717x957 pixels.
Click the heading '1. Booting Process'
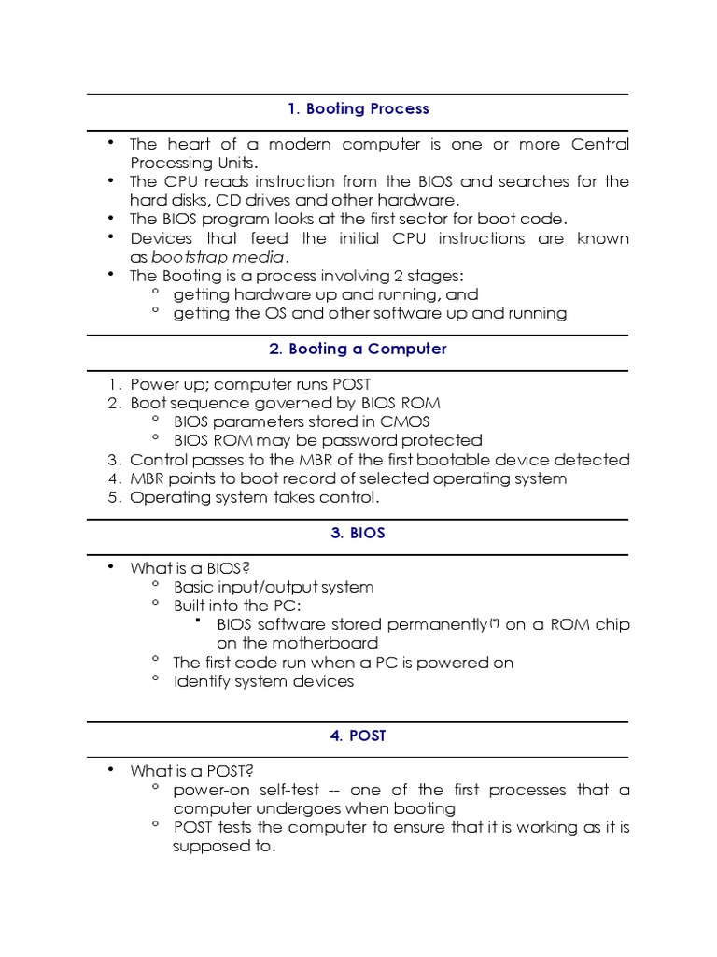[x=358, y=109]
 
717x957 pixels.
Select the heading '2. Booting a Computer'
[x=358, y=349]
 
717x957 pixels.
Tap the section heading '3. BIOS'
[x=358, y=533]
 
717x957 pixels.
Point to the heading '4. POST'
[x=358, y=736]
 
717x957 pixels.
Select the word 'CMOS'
[x=405, y=421]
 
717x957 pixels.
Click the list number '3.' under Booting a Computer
[x=115, y=460]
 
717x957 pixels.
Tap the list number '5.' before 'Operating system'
[x=115, y=497]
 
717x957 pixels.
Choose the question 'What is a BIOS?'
[x=190, y=568]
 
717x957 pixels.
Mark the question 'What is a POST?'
[x=191, y=771]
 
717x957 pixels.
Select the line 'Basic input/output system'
[x=274, y=587]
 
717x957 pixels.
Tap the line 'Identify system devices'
[x=264, y=681]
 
